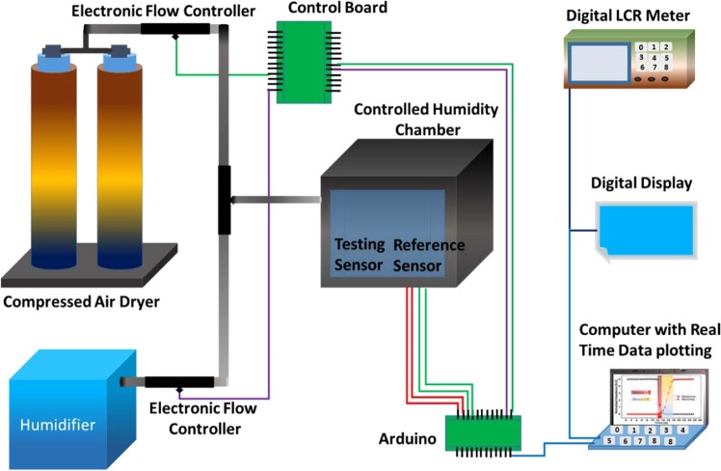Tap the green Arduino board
[481, 431]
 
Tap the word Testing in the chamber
[359, 244]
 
